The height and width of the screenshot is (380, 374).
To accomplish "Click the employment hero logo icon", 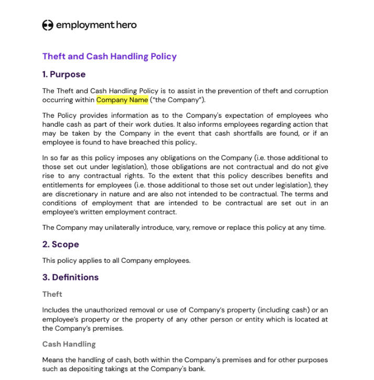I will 48,25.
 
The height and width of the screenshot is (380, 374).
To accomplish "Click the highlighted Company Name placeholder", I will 122,99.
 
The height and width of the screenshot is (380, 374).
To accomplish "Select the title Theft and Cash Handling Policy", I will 109,57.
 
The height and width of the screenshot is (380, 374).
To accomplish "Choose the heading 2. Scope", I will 60,244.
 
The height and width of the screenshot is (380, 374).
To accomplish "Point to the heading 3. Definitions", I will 70,277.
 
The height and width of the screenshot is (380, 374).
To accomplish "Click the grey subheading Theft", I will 52,294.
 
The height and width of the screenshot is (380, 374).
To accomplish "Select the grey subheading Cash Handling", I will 69,344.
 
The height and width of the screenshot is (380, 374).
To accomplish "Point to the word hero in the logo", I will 126,25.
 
